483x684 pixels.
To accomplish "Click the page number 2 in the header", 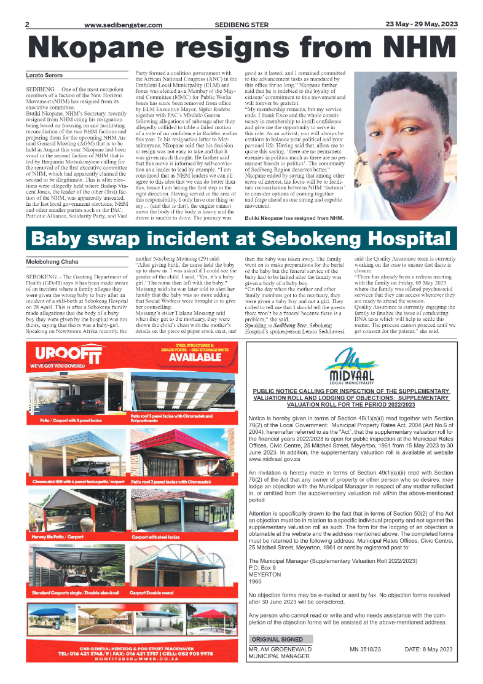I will [x=27, y=25].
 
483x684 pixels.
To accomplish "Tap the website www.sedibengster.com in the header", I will [x=123, y=25].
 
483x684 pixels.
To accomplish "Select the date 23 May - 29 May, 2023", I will [x=421, y=25].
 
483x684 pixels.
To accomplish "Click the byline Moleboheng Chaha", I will [x=52, y=262].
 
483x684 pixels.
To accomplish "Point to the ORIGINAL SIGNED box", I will [x=277, y=639].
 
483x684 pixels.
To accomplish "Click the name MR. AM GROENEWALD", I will [x=280, y=649].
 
